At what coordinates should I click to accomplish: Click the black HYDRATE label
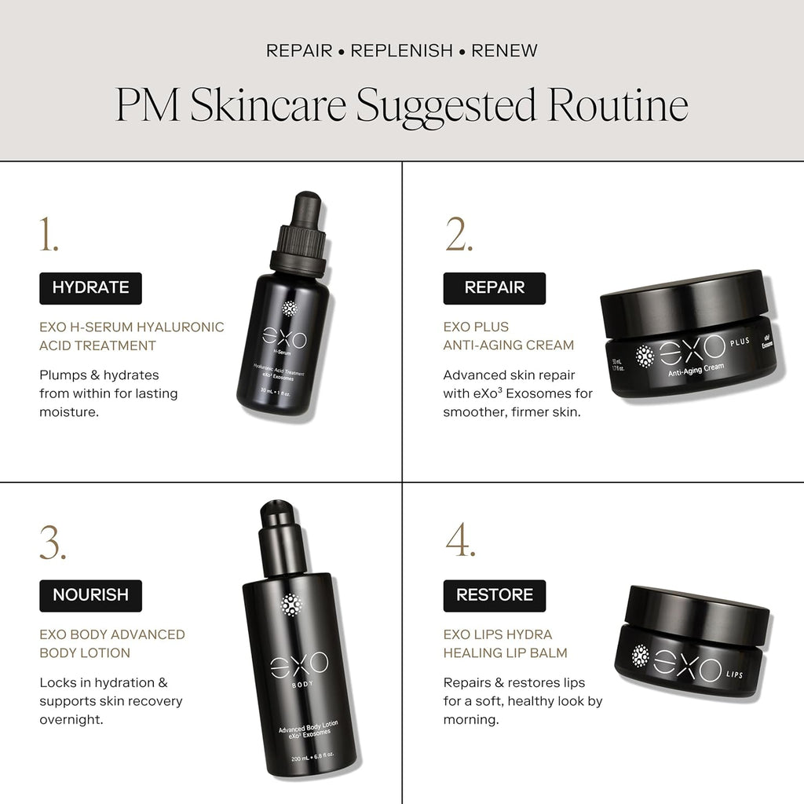coord(90,287)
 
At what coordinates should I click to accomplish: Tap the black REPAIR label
coord(494,287)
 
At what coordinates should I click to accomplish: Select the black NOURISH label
coord(90,595)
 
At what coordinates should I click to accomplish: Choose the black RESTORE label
coord(494,595)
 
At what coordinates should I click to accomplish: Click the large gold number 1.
coord(49,235)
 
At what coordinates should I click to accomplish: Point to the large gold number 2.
coord(460,235)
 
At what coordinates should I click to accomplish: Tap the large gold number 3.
coord(53,543)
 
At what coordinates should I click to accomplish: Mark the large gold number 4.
coord(461,543)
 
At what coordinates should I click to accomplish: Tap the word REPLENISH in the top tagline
coord(401,51)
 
